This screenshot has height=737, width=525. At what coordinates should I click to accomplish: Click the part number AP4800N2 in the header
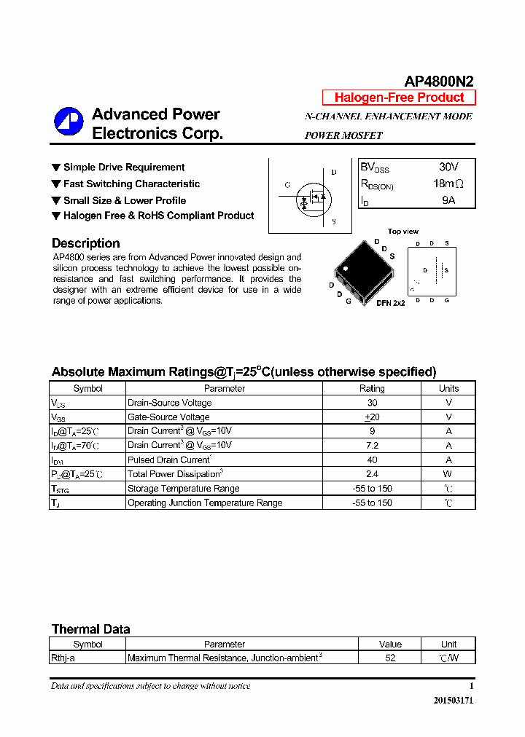tap(439, 82)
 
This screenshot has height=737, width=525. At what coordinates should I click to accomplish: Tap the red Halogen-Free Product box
tap(399, 98)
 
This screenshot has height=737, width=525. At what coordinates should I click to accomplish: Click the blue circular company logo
tap(69, 122)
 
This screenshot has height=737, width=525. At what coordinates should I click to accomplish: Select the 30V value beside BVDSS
tap(448, 167)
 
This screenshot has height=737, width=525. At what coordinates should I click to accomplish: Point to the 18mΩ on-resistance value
tap(448, 184)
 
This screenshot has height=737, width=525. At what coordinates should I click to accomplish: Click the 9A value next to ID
tap(448, 200)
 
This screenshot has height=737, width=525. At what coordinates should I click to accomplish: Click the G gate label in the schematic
tap(287, 185)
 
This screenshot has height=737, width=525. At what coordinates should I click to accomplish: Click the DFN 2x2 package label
tap(390, 303)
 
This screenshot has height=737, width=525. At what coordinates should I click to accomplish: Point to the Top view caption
tap(402, 232)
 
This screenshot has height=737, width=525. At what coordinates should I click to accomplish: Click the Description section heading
tap(85, 243)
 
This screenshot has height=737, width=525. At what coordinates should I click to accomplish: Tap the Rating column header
tap(372, 388)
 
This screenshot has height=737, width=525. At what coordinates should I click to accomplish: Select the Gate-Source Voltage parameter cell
tap(168, 417)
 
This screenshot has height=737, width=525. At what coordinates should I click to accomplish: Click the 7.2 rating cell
tap(372, 445)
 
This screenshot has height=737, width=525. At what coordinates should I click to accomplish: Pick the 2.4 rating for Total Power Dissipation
tap(372, 473)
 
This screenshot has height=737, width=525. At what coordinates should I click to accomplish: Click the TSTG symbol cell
tap(60, 489)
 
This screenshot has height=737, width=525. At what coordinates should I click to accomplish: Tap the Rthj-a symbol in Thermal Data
tap(63, 658)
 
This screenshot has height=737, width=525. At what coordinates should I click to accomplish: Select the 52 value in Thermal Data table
tap(390, 658)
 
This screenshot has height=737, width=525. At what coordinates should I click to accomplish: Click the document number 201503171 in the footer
tap(454, 700)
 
